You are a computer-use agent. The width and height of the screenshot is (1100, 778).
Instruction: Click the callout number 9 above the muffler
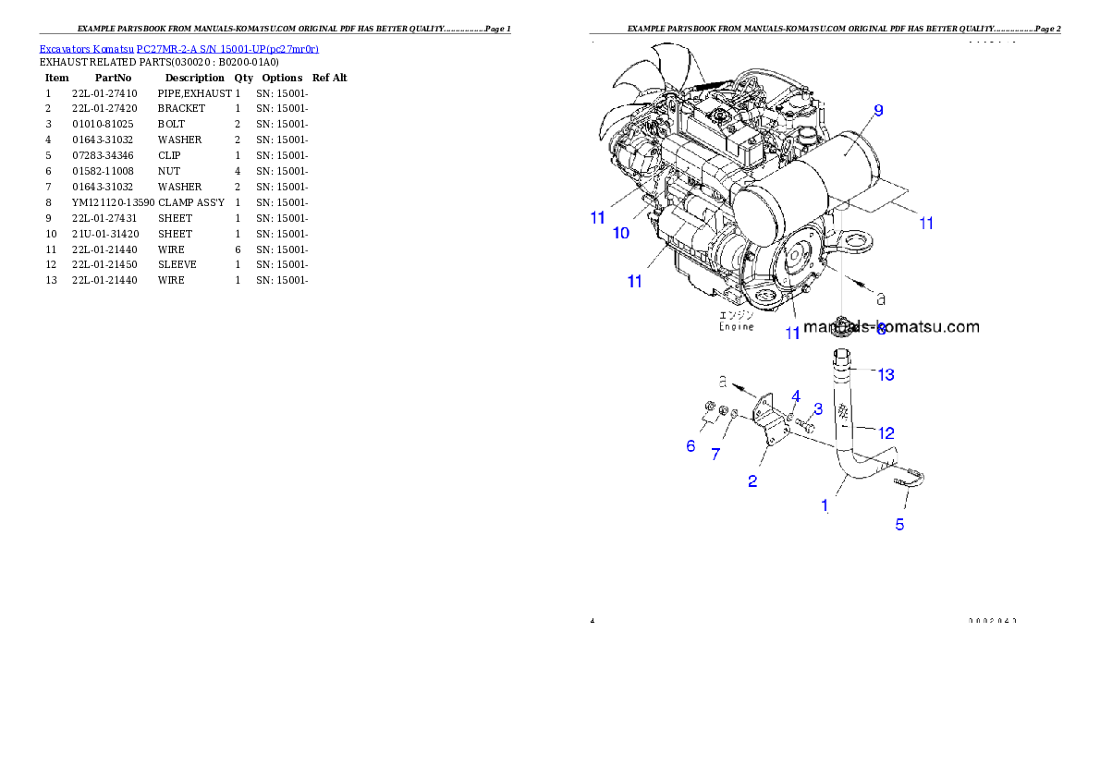pos(878,110)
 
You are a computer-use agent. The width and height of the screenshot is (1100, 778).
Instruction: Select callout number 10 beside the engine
pos(621,233)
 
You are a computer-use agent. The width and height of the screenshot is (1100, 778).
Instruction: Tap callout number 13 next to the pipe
pos(886,374)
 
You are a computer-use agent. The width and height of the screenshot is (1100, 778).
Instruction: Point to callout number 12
pos(886,432)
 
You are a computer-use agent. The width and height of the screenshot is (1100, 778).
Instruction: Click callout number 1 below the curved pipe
pos(825,505)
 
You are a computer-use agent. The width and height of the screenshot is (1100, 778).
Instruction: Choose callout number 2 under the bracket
pos(752,481)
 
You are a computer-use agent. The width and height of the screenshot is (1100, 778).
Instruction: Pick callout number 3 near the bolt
pos(818,408)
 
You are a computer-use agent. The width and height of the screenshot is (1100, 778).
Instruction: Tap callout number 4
pos(795,396)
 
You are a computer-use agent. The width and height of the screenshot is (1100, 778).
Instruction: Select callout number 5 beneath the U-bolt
pos(898,525)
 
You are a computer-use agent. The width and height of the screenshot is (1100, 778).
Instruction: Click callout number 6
pos(691,446)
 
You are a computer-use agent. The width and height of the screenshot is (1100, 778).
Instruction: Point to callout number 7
pos(715,454)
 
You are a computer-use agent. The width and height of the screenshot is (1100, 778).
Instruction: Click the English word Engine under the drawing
pos(737,326)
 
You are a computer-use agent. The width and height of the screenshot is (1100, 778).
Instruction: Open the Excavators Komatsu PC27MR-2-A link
pos(178,49)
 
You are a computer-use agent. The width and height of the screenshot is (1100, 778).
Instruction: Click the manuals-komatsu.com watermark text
pos(891,326)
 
